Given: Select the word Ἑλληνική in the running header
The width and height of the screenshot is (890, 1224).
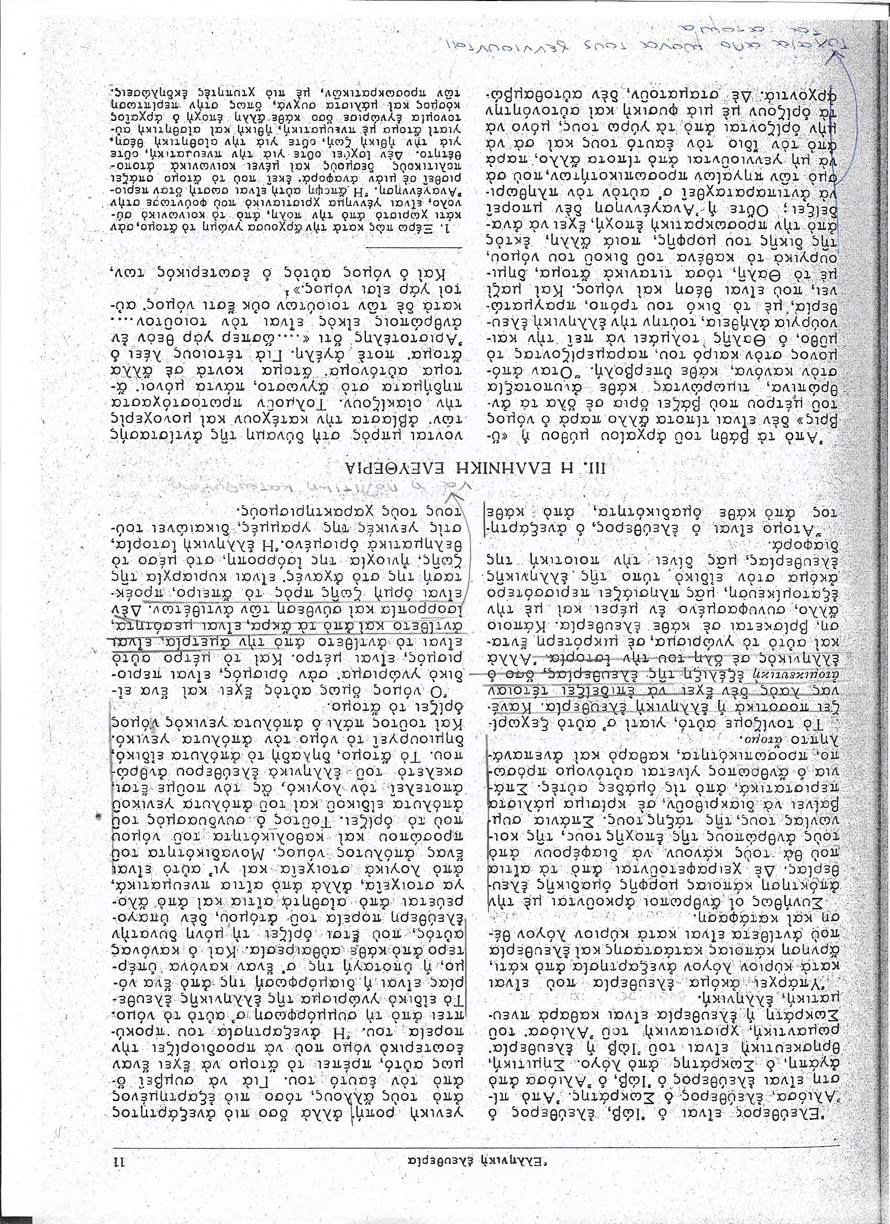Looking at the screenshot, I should click(492, 1158).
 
